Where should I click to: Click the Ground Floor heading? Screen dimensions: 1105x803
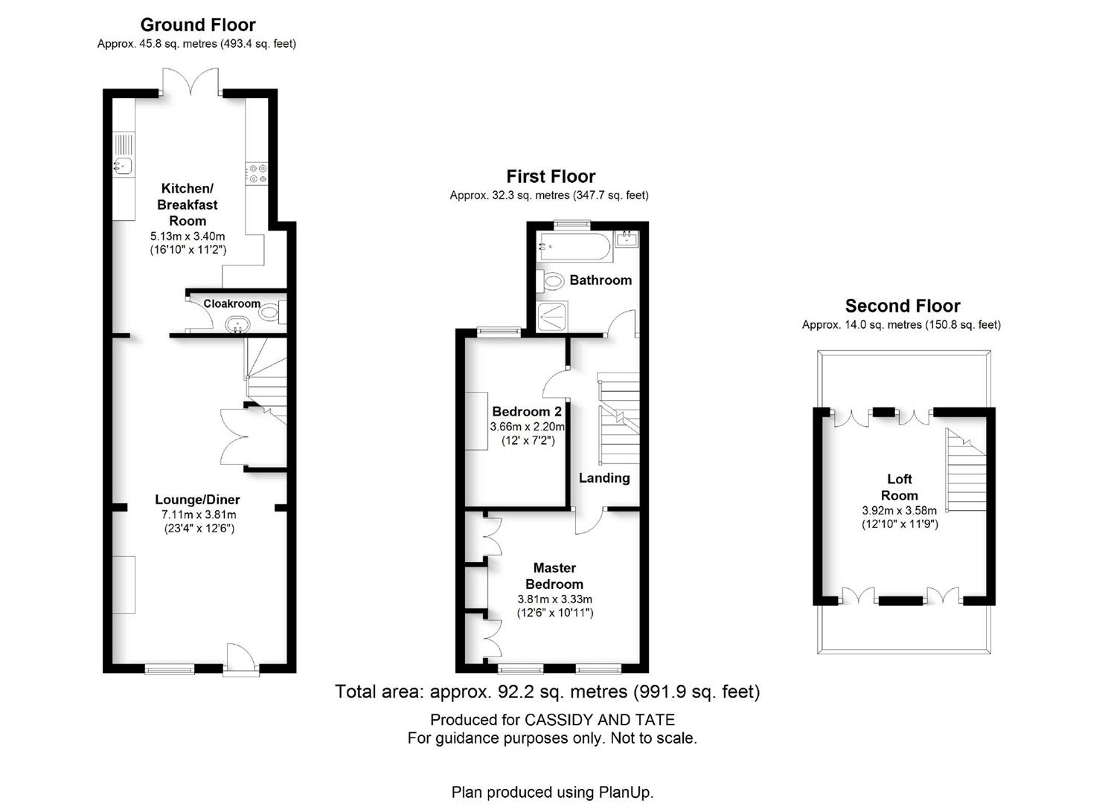pos(198,25)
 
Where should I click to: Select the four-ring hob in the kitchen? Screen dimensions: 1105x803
pos(257,174)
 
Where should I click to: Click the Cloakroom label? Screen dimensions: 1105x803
pos(232,303)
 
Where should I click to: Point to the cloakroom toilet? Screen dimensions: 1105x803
pos(272,312)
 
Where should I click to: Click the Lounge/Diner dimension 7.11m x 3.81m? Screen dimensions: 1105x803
pos(199,515)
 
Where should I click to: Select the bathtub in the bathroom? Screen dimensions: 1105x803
pos(576,246)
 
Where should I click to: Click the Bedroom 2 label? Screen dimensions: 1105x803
pos(527,412)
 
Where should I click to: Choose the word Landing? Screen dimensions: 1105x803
pos(604,477)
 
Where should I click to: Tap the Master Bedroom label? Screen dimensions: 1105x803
pos(554,575)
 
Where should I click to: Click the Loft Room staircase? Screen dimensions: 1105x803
pos(965,470)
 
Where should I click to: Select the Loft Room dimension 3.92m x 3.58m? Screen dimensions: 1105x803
pos(900,511)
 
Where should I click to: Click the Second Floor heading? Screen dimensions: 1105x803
pos(903,306)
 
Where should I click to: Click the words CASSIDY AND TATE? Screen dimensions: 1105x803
pos(599,720)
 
